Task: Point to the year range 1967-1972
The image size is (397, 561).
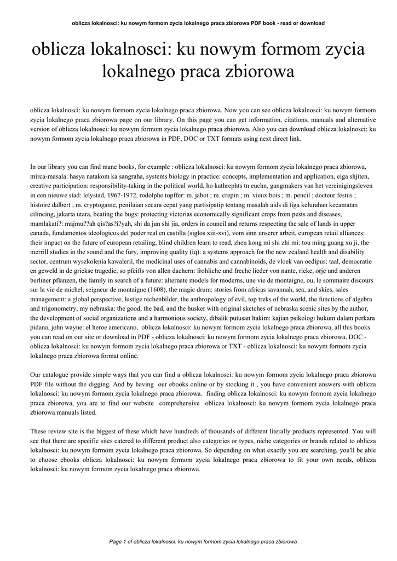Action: click(x=125, y=194)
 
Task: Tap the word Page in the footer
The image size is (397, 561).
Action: click(x=116, y=542)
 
